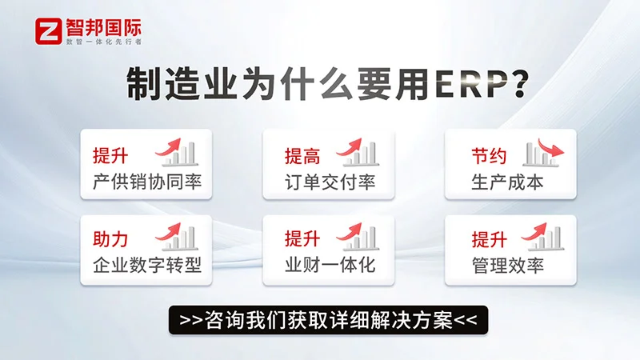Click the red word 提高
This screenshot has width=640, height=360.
(302, 156)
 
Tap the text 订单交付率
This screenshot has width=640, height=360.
(330, 182)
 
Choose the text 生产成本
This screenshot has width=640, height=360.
(507, 182)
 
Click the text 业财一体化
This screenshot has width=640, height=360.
(330, 266)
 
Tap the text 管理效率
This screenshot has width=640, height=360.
(507, 266)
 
